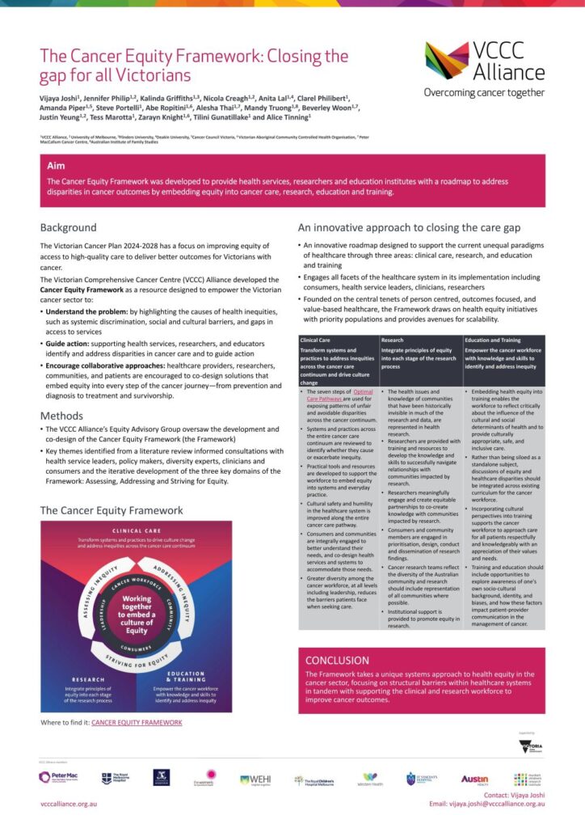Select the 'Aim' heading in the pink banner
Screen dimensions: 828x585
[x=57, y=165]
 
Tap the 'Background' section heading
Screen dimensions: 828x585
[x=68, y=228]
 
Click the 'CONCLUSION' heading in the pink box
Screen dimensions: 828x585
[x=338, y=660]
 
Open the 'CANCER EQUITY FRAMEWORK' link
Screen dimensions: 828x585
[x=137, y=722]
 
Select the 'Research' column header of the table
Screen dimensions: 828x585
[x=393, y=340]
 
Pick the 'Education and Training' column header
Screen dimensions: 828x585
[x=493, y=340]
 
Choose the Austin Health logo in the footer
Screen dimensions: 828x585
[x=474, y=779]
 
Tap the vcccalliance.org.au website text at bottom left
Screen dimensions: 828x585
[x=69, y=804]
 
